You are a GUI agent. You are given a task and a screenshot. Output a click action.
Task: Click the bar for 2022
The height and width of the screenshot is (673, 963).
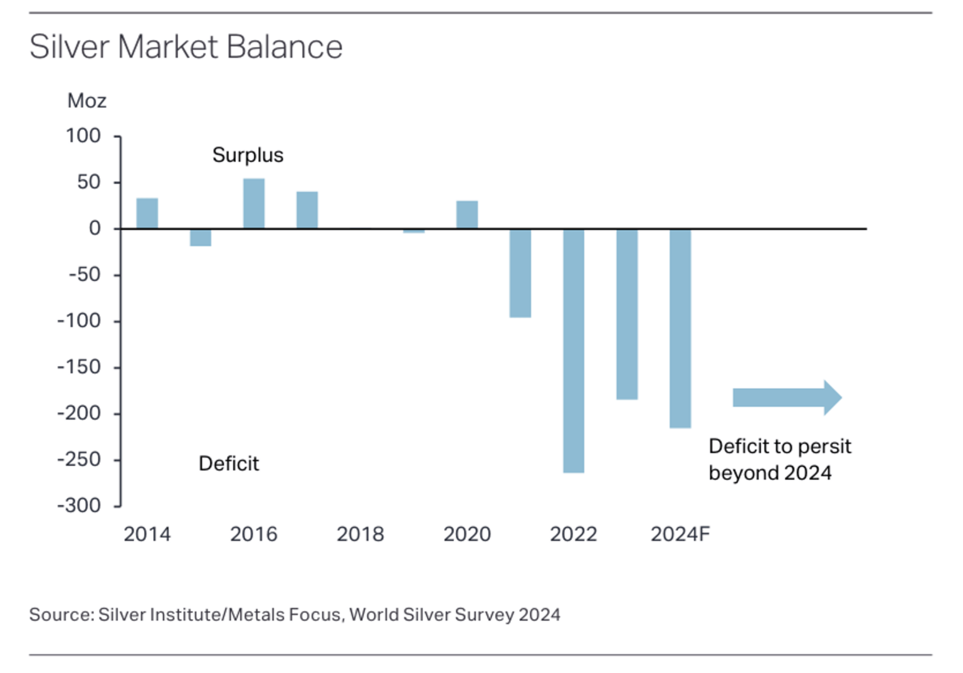pyautogui.click(x=573, y=350)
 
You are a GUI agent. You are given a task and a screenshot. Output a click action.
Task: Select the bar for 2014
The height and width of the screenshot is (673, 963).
pyautogui.click(x=147, y=213)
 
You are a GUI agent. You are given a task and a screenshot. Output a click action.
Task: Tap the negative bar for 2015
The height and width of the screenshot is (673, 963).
pyautogui.click(x=201, y=238)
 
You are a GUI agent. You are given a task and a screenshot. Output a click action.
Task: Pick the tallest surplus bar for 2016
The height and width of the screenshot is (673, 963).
pyautogui.click(x=254, y=204)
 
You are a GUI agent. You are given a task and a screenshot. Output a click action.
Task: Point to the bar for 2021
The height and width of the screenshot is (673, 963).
pyautogui.click(x=520, y=273)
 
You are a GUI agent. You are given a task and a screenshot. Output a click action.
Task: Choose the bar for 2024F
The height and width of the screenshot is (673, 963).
pyautogui.click(x=680, y=328)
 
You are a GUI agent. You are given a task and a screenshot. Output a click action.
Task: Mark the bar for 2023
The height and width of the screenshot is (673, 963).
pyautogui.click(x=627, y=314)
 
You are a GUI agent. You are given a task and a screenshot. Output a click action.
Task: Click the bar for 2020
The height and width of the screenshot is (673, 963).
pyautogui.click(x=467, y=215)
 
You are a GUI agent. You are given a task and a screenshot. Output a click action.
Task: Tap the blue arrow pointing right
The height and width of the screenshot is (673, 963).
pyautogui.click(x=787, y=398)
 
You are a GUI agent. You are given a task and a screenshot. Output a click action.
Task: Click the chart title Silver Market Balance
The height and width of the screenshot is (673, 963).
pyautogui.click(x=186, y=47)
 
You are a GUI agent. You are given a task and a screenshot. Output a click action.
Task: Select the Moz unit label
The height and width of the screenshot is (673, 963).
pyautogui.click(x=87, y=101)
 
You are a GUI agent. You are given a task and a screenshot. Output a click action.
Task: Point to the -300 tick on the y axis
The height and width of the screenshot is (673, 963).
pyautogui.click(x=79, y=506)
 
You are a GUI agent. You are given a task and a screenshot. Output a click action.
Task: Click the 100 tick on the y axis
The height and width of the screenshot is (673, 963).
pyautogui.click(x=83, y=136)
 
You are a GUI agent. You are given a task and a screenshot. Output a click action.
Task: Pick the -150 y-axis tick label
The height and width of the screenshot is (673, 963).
pyautogui.click(x=79, y=367)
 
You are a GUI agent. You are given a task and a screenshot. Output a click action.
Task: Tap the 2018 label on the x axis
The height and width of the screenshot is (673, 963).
pyautogui.click(x=360, y=534)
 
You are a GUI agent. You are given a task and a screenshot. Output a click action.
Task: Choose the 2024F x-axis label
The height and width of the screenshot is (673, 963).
pyautogui.click(x=680, y=534)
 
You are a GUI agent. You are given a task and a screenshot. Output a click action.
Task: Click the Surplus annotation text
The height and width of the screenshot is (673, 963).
pyautogui.click(x=248, y=155)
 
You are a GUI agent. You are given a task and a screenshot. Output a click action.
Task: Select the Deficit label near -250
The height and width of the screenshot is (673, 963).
pyautogui.click(x=229, y=464)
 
